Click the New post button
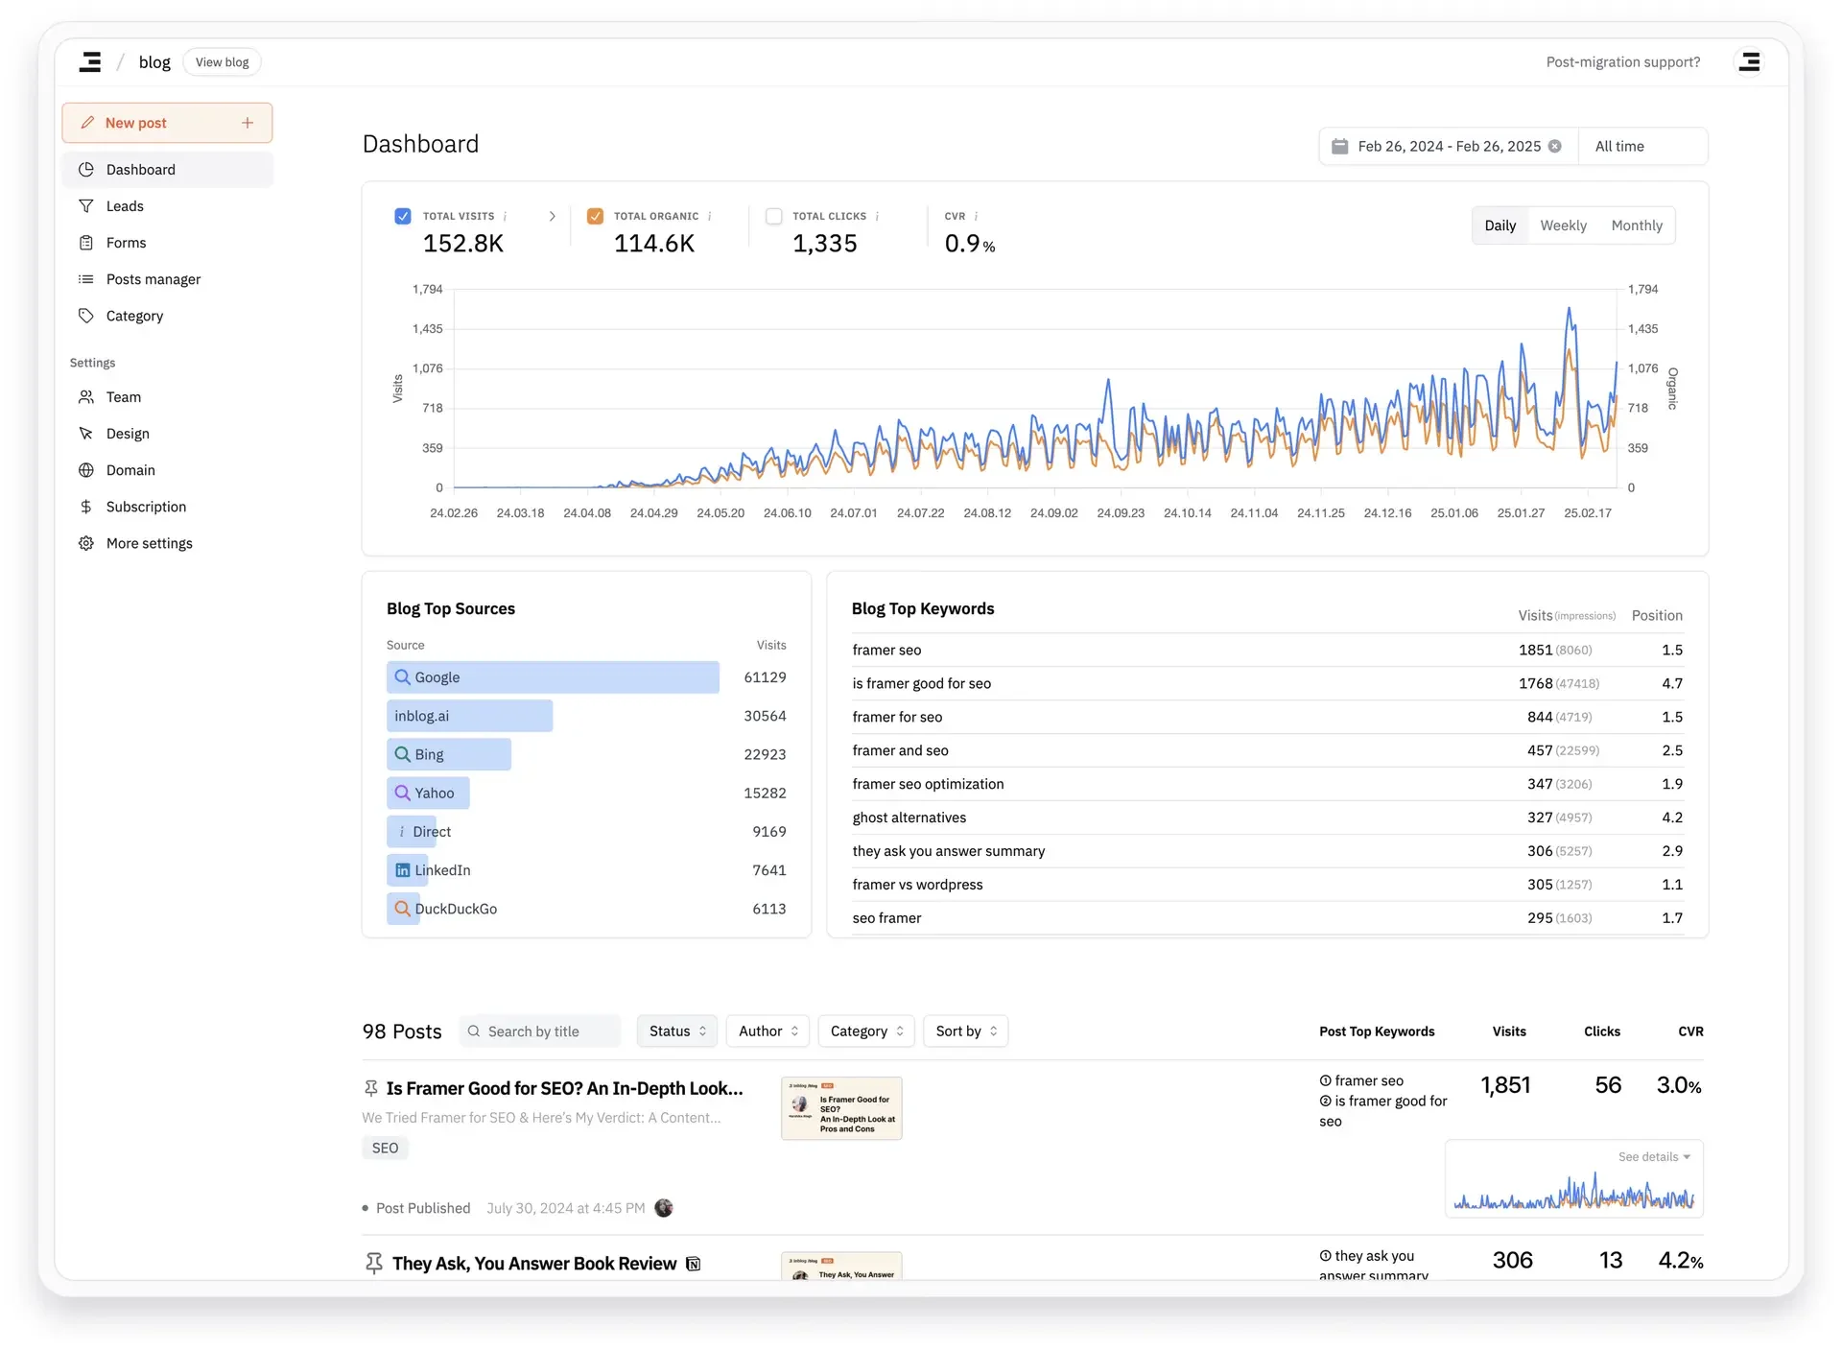coord(167,123)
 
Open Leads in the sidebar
coord(125,206)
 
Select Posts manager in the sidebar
coord(153,279)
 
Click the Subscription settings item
coord(146,507)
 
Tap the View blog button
coord(222,62)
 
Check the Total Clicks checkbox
coord(774,216)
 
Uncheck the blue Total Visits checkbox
coord(403,216)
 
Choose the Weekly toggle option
coord(1563,225)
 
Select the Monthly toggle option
coord(1636,225)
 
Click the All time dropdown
coord(1641,147)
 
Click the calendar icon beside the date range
coord(1339,147)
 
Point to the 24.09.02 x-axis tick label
coord(1053,513)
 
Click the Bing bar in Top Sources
coord(449,754)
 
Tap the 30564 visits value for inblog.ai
coord(765,716)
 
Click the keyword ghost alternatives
coord(909,818)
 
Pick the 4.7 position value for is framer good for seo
coord(1671,683)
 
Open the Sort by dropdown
coord(965,1031)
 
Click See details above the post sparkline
coord(1653,1157)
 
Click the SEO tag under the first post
coord(385,1149)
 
